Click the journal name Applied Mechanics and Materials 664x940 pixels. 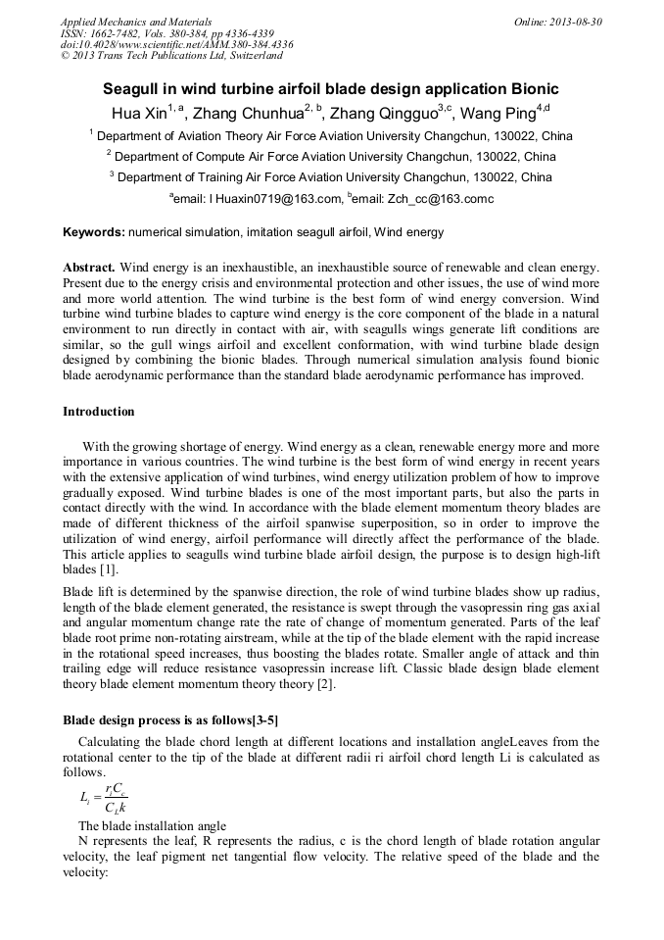pos(135,21)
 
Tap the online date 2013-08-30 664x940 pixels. pos(573,21)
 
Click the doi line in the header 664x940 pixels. pos(176,44)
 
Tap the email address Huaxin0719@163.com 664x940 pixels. pos(274,199)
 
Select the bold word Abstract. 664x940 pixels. pos(89,268)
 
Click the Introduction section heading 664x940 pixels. pos(99,411)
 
